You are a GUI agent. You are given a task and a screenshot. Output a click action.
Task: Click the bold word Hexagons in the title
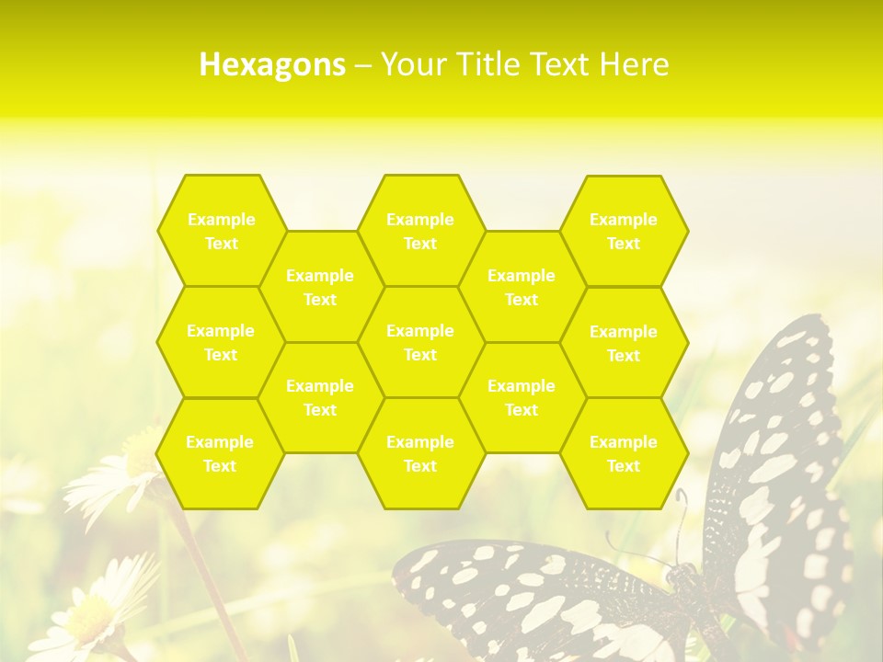(x=272, y=64)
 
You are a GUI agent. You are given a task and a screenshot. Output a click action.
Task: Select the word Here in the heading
(x=635, y=64)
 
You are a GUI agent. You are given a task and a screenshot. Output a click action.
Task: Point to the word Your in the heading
(x=410, y=64)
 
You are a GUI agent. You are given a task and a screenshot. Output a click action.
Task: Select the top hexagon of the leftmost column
(x=222, y=231)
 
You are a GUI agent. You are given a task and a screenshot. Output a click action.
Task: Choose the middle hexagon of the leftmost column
(x=221, y=342)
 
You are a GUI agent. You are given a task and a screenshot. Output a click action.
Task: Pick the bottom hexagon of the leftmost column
(x=220, y=453)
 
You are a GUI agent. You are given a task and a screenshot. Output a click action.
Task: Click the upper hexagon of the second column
(x=320, y=287)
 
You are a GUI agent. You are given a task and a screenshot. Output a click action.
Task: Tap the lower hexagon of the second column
(x=320, y=397)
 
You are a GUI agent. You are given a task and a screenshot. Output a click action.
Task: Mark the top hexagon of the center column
(x=420, y=231)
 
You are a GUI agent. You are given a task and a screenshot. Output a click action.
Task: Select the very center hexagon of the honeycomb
(x=420, y=342)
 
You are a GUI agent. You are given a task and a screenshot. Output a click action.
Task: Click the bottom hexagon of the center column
(x=420, y=453)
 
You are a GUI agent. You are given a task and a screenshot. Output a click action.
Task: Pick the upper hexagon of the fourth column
(x=522, y=287)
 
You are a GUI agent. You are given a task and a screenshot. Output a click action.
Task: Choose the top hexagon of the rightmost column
(x=624, y=231)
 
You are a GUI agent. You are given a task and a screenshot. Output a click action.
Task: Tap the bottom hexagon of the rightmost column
(x=624, y=453)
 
